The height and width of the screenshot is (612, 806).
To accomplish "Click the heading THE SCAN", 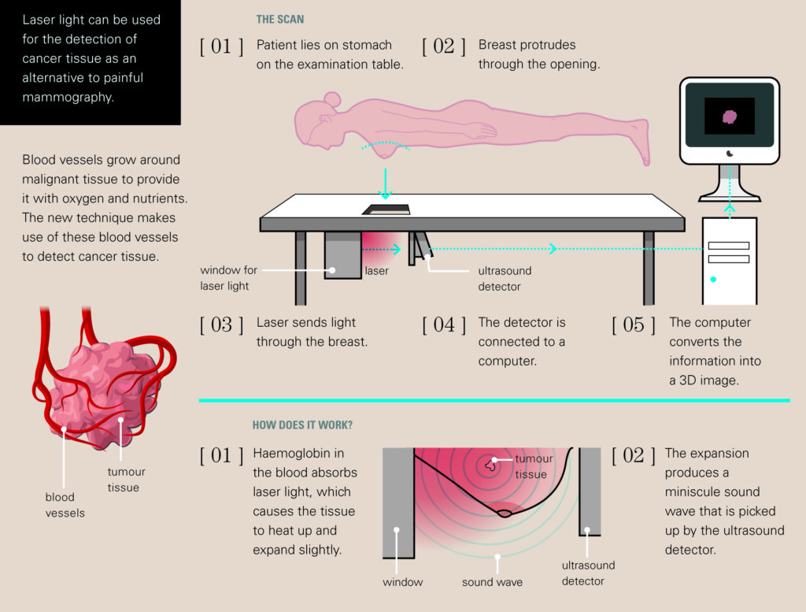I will coord(279,20).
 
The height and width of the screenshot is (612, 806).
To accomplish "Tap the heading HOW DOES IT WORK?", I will coord(302,425).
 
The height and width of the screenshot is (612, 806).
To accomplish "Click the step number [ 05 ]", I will coord(633,325).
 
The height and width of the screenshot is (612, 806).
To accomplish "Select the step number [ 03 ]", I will coord(221,325).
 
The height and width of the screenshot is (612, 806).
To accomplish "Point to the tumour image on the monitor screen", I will coord(730,117).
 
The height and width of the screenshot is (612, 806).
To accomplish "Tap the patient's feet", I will coord(644,143).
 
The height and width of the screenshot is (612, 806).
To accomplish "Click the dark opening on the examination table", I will coord(386,210).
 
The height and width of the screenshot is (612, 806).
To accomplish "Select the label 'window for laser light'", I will coord(228,278).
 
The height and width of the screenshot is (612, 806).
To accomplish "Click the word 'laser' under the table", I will coord(376,271).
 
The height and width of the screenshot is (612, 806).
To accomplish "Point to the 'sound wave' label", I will coord(492,582).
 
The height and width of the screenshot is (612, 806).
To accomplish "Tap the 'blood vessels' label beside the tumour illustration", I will coord(65,505).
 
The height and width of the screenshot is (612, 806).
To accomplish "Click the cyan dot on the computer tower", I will coord(714,279).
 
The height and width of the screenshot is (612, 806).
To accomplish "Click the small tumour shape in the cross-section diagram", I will coord(492,465).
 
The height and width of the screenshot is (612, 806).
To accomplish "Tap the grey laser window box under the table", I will coord(342,254).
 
